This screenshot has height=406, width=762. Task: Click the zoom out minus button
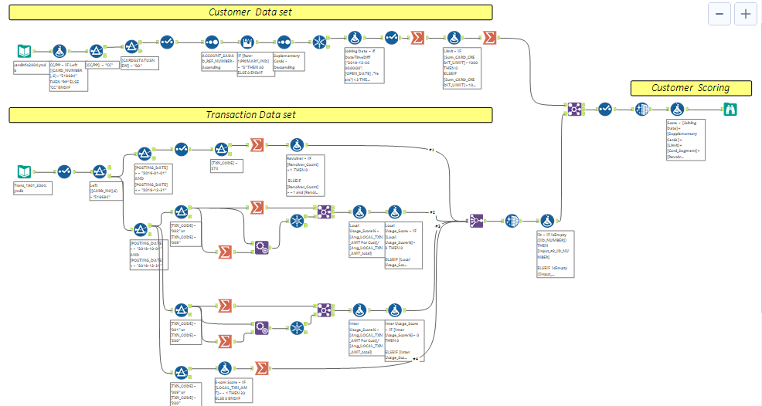click(719, 14)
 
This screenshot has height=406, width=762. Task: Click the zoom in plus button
click(745, 14)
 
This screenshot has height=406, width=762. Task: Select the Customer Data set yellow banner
click(250, 12)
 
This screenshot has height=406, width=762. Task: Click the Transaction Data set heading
click(250, 115)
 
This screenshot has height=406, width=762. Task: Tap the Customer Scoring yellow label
click(690, 88)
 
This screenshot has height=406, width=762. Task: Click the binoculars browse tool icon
click(730, 110)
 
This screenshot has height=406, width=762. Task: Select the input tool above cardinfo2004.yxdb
click(25, 51)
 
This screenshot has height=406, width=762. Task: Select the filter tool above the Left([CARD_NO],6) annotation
click(100, 171)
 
